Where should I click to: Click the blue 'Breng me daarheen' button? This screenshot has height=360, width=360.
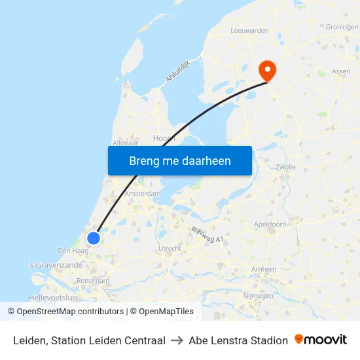(180, 160)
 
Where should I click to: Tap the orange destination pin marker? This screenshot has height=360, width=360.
(267, 69)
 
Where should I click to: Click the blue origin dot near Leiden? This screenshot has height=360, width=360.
(94, 238)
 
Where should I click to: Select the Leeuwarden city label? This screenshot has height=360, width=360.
(249, 30)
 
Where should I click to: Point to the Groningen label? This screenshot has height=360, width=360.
(342, 27)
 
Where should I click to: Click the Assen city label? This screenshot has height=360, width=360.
(341, 71)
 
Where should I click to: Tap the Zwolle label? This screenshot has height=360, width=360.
(286, 167)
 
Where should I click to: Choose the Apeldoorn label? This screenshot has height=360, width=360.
(270, 224)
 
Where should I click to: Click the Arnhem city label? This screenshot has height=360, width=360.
(263, 269)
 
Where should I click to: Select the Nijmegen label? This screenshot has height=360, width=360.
(258, 296)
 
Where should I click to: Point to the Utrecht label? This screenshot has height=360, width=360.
(170, 249)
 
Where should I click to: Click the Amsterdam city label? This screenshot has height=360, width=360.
(143, 194)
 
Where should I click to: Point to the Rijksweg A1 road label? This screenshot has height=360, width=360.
(207, 234)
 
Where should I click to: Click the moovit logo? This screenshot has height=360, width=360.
(321, 340)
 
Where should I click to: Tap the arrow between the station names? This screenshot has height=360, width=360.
(177, 340)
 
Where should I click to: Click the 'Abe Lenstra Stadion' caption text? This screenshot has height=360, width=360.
(238, 340)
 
